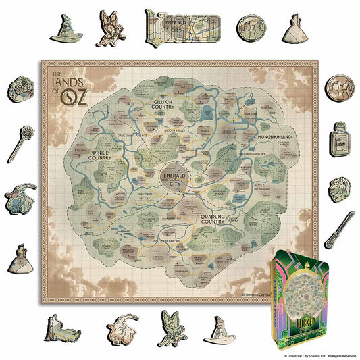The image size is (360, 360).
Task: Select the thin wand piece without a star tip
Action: pos(340,230)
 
